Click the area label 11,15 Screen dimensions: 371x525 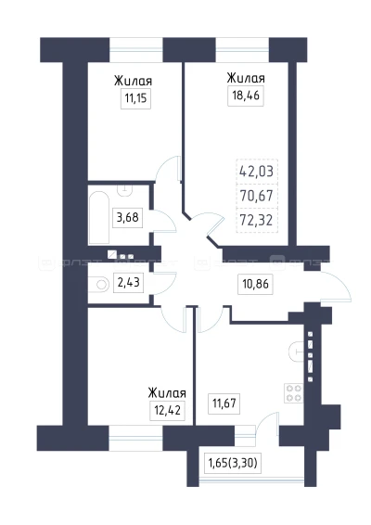tap(135, 98)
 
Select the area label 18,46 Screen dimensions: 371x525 tap(246, 96)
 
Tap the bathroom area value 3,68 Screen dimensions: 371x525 tap(127, 217)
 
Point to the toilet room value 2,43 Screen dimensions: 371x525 tap(128, 283)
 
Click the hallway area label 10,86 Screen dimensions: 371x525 tap(255, 284)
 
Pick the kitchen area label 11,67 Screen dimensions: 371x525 tap(224, 403)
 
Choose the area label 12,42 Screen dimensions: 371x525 tap(168, 410)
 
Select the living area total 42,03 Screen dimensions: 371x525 tap(257, 172)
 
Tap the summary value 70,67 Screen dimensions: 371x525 tap(257, 196)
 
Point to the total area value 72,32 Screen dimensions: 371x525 tap(257, 221)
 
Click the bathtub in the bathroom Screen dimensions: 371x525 tap(99, 217)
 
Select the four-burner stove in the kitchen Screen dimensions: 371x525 tap(293, 393)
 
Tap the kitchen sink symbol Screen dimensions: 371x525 tap(295, 352)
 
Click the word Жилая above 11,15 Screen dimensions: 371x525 tap(133, 82)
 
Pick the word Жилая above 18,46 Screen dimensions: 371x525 tap(246, 78)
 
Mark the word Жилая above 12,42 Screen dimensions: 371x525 tap(167, 393)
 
